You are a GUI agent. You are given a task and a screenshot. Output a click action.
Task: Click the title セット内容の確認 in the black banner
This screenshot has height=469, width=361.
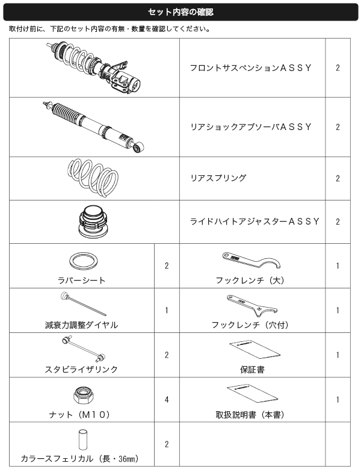pos(180,12)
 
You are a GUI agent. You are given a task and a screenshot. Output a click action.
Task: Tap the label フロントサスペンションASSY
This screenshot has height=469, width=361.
pos(251,68)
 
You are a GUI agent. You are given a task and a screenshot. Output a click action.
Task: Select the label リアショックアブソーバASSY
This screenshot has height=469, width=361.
pos(251,127)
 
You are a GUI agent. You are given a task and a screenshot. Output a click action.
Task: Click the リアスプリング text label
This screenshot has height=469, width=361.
pos(218,178)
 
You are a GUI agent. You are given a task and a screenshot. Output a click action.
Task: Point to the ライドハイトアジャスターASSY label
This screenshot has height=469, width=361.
pos(255,222)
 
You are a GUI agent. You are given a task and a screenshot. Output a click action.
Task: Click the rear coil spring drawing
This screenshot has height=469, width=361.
pos(93,178)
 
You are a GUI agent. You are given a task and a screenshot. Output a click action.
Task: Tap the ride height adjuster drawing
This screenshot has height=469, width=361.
pos(93,222)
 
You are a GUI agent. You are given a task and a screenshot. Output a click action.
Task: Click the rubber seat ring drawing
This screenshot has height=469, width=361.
pos(84,261)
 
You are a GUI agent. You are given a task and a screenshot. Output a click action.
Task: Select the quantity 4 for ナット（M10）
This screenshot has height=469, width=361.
pos(167,399)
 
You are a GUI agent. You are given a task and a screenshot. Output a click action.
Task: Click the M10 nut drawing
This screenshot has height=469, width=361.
pos(84,395)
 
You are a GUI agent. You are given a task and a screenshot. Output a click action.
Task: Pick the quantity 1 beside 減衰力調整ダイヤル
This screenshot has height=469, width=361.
pos(167,310)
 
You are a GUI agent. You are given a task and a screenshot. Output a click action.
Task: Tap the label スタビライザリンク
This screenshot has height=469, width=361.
pos(81,370)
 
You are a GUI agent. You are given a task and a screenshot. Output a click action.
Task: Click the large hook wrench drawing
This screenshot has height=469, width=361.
pos(251,261)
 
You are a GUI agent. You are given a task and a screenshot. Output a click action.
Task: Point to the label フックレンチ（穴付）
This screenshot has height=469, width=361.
pos(250,325)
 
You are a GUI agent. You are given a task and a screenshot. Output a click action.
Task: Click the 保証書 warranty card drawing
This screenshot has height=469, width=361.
pos(255,349)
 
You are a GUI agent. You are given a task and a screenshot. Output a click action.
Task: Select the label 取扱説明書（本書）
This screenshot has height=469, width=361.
pos(250,415)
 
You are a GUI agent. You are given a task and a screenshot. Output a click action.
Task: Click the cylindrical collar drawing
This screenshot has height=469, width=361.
pos(83,439)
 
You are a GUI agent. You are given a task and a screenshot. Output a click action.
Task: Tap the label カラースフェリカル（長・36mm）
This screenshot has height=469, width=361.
pos(80,459)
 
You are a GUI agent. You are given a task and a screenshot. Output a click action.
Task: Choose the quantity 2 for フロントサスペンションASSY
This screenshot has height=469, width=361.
pos(338,68)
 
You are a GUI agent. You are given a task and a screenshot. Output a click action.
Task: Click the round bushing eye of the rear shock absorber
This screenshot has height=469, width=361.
pos(138,147)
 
